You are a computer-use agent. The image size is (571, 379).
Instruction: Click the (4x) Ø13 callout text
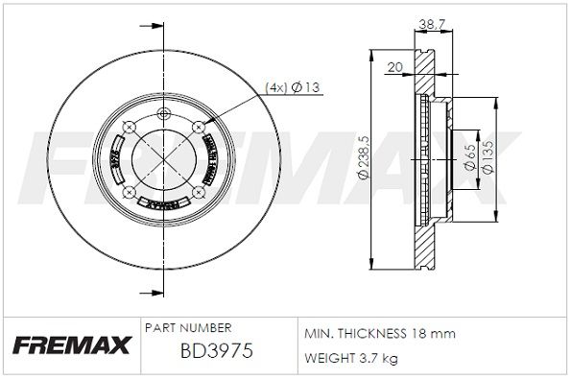[x=292, y=87]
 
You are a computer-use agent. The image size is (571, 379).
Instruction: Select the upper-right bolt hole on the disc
[x=197, y=126]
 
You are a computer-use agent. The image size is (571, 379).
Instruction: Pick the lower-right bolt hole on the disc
[x=197, y=192]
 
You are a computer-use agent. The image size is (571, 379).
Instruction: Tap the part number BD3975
[x=217, y=352]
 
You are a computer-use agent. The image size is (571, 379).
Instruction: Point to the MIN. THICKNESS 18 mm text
[x=379, y=333]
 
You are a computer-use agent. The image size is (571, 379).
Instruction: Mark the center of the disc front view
[x=164, y=158]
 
